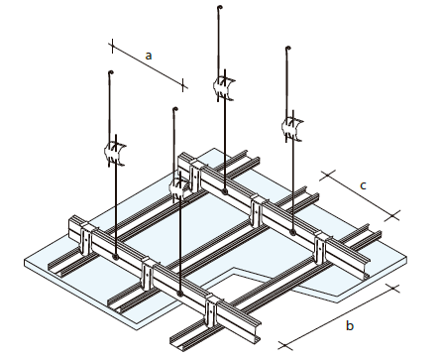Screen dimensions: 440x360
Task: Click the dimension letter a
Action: click(149, 56)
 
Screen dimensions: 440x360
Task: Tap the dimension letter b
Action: click(350, 325)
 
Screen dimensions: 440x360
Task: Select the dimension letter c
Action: click(363, 185)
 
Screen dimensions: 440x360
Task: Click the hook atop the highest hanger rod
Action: click(220, 7)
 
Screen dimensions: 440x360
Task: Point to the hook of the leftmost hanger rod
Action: click(110, 72)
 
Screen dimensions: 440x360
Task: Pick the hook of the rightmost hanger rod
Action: click(287, 49)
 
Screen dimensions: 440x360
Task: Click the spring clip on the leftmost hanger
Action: click(115, 153)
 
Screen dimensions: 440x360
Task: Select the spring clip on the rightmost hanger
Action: click(292, 127)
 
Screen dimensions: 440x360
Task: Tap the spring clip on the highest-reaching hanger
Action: click(224, 87)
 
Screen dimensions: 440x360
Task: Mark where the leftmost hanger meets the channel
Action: click(115, 256)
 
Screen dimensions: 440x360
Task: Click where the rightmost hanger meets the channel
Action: click(292, 232)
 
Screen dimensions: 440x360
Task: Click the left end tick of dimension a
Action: click(112, 47)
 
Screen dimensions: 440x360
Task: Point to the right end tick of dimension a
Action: click(183, 85)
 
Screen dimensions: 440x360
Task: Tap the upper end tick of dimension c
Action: click(327, 176)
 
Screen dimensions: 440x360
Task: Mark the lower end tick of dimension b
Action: click(284, 346)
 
